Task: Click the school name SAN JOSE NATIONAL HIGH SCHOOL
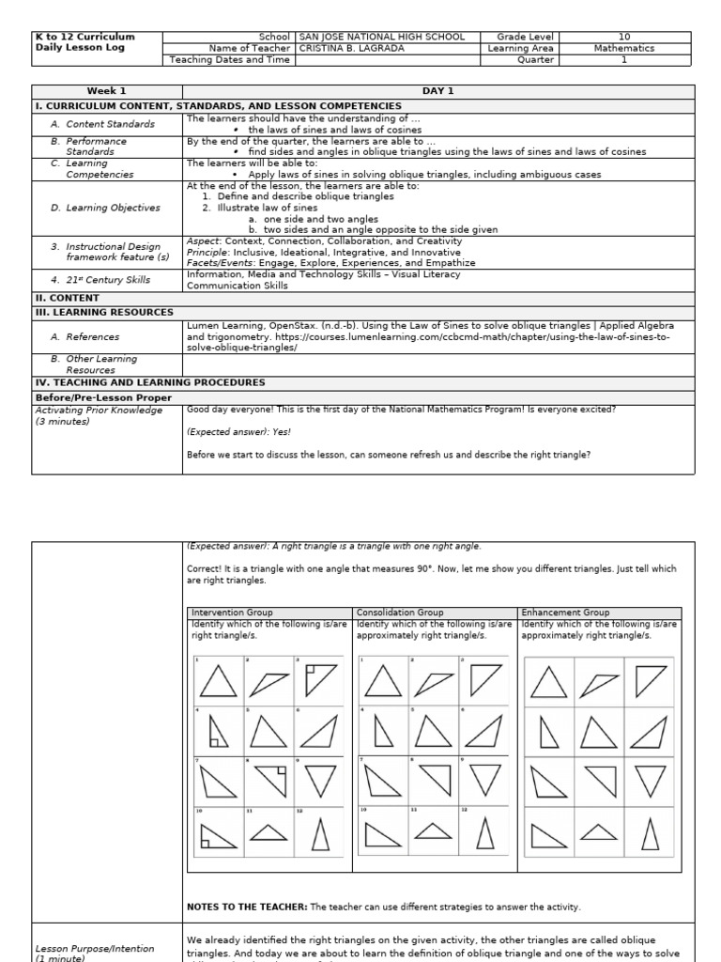[381, 37]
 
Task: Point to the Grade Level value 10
[623, 37]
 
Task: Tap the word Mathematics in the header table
[623, 48]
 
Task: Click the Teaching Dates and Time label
[229, 60]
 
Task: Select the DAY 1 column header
[437, 91]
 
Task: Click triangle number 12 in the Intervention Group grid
[320, 832]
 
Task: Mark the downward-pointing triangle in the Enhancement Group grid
[651, 779]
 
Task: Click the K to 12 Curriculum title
[84, 37]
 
